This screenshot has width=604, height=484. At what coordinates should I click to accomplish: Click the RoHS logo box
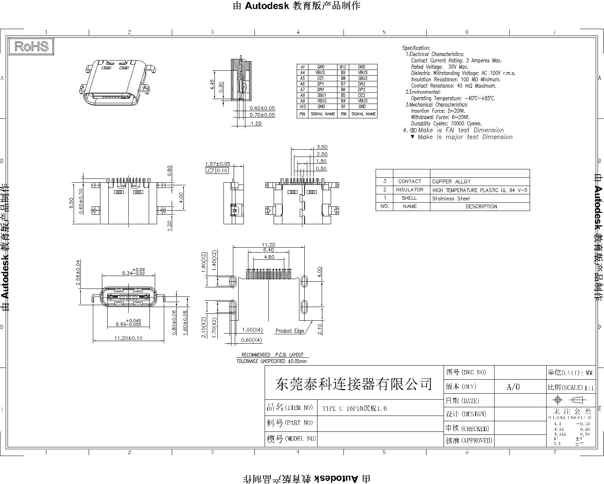(31, 46)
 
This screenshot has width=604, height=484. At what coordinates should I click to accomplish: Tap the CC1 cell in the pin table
(320, 78)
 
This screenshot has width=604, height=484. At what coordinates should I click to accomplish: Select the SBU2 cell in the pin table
(362, 78)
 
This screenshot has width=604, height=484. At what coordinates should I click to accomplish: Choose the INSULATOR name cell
(410, 190)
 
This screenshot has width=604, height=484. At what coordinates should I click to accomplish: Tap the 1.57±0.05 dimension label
(217, 164)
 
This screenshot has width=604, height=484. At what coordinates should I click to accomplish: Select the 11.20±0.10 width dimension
(128, 338)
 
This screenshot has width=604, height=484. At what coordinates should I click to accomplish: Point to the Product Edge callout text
(290, 331)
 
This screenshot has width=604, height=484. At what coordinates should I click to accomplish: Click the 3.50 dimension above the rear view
(322, 147)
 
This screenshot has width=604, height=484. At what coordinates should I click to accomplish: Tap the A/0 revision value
(513, 386)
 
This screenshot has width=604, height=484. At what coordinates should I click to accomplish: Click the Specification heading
(416, 48)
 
